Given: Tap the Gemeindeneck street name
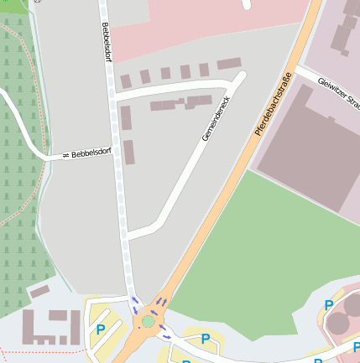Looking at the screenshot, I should point(216,117).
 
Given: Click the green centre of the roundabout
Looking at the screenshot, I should point(149,321).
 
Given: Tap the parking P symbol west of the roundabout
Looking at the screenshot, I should point(101,329).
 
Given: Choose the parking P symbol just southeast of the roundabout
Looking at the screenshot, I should point(205,339).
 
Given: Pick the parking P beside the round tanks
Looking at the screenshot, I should point(329,306).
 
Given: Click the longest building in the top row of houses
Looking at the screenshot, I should point(229,65).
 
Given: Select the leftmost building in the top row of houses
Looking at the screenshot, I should point(126,81).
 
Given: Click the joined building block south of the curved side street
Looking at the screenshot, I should point(181,104).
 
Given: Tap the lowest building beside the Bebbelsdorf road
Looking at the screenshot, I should point(129,153).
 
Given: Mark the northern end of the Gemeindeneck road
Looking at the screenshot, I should point(241,77).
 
